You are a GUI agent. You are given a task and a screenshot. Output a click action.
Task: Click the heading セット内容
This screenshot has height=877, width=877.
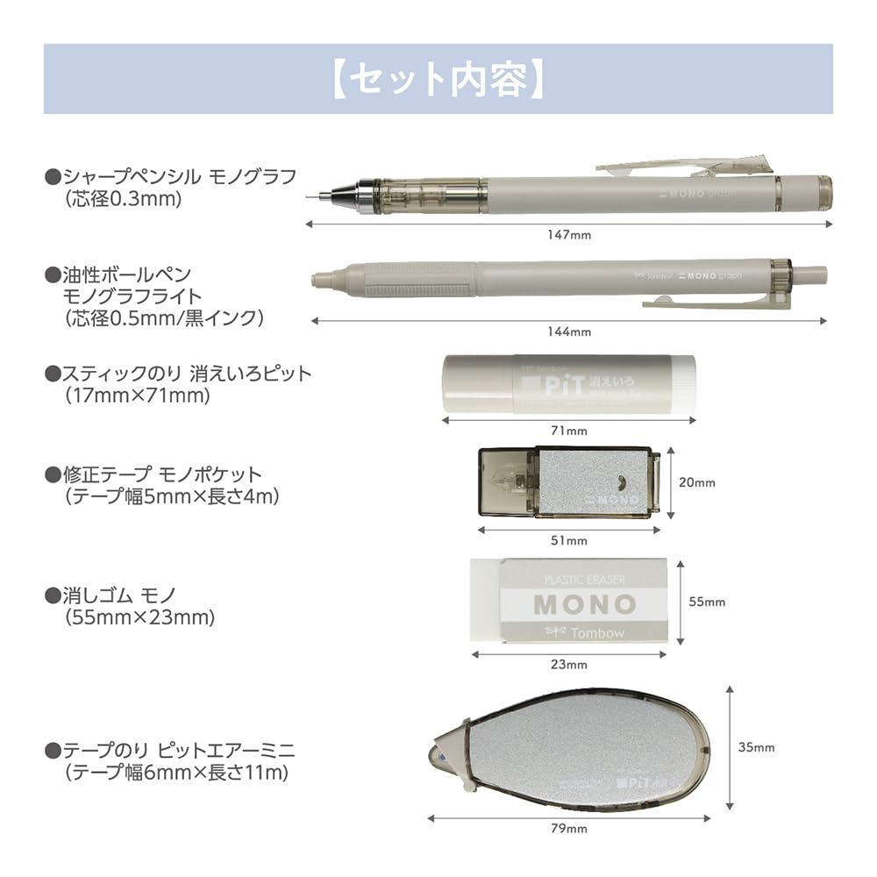point(438,79)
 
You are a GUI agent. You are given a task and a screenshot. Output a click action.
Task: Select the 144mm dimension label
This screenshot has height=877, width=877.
point(569,332)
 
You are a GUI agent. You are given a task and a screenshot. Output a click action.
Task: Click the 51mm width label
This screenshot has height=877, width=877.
point(575,540)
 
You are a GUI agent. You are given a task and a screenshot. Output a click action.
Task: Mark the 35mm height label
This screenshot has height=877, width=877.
point(756,748)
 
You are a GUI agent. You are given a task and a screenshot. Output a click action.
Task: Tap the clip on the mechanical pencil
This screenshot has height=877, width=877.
point(684,164)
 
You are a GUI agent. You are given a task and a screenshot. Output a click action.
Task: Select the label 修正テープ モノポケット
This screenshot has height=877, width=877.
point(162,474)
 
